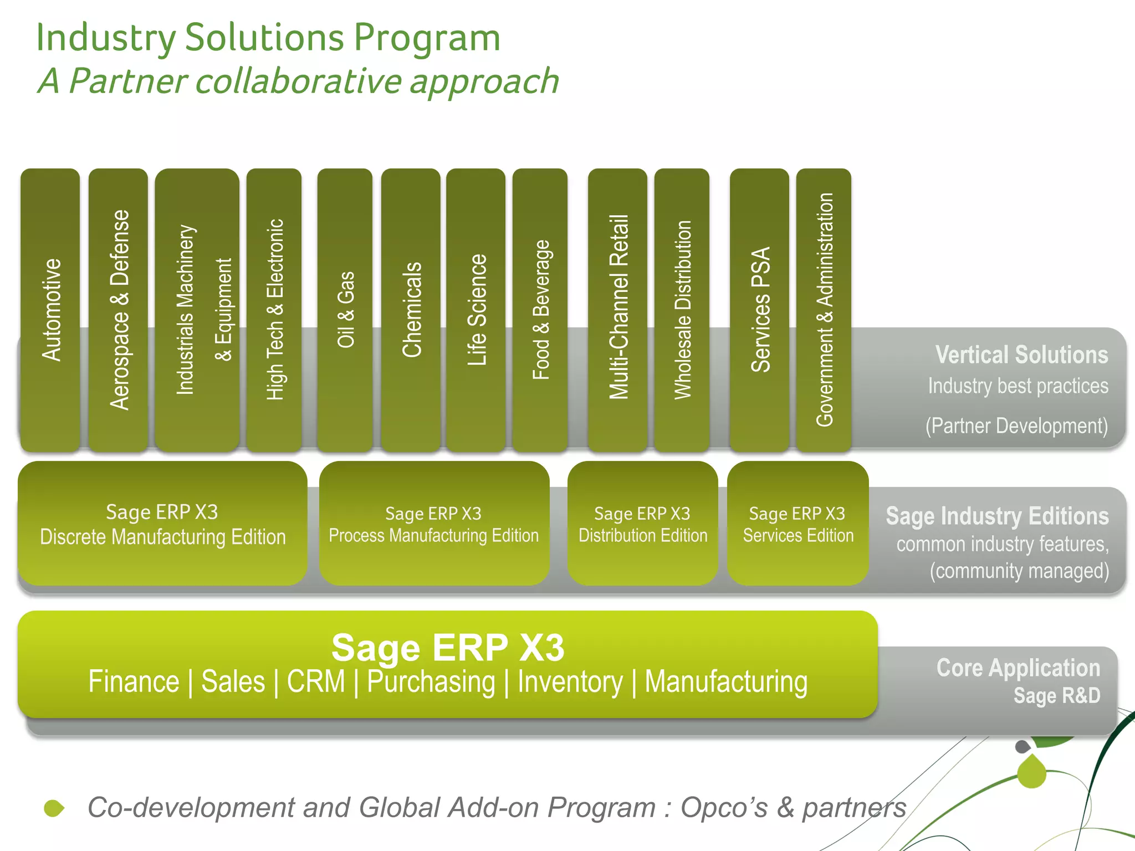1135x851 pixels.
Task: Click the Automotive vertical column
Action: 50,310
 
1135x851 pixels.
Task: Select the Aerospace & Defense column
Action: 119,310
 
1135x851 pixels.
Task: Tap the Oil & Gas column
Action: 345,310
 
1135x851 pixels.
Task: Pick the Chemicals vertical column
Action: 411,310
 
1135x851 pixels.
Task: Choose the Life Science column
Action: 476,310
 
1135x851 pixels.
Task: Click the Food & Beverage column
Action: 540,310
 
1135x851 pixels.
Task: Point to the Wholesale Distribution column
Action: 682,310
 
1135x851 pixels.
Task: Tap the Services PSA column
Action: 760,310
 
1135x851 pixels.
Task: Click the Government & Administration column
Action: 824,310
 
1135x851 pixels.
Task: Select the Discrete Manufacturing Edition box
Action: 162,524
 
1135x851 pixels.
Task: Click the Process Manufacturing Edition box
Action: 434,524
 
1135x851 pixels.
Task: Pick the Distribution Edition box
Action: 643,524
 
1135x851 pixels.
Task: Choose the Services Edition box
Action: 797,524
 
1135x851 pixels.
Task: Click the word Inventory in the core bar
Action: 570,682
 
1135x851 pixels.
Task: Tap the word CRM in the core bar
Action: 316,682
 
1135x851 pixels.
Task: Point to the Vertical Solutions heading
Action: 1021,355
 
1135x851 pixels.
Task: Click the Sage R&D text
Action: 1056,696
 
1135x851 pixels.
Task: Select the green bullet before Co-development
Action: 54,808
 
